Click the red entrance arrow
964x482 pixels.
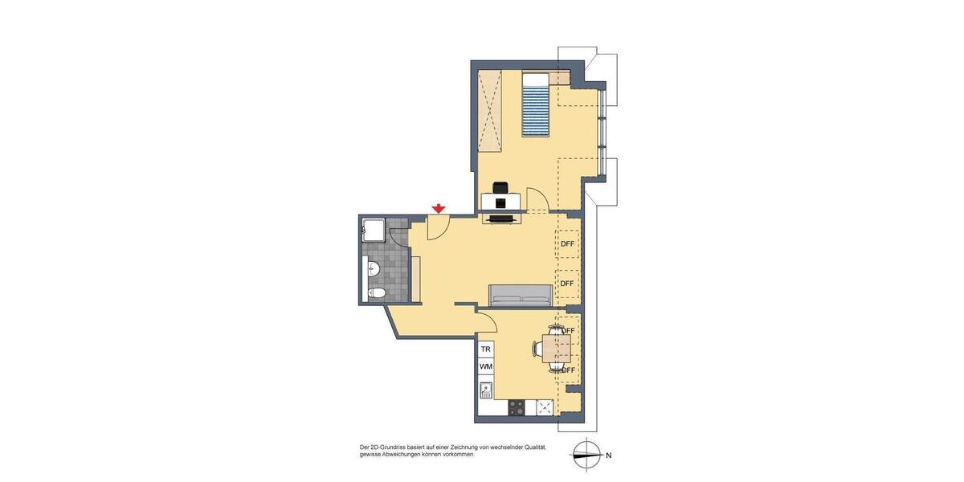pos(439,209)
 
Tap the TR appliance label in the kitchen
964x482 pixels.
pos(485,349)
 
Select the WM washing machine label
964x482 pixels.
pos(485,367)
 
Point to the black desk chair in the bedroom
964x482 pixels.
pos(501,187)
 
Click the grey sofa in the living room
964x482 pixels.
pos(521,296)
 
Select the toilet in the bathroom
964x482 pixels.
pos(375,292)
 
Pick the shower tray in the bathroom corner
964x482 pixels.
pos(374,229)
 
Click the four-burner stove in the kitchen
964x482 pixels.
pos(516,408)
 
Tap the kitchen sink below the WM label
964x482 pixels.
pos(485,390)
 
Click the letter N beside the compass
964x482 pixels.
pos(608,455)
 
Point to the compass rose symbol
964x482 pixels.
pos(587,455)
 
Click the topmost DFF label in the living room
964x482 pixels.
pos(567,244)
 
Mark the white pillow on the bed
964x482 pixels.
pos(535,79)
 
